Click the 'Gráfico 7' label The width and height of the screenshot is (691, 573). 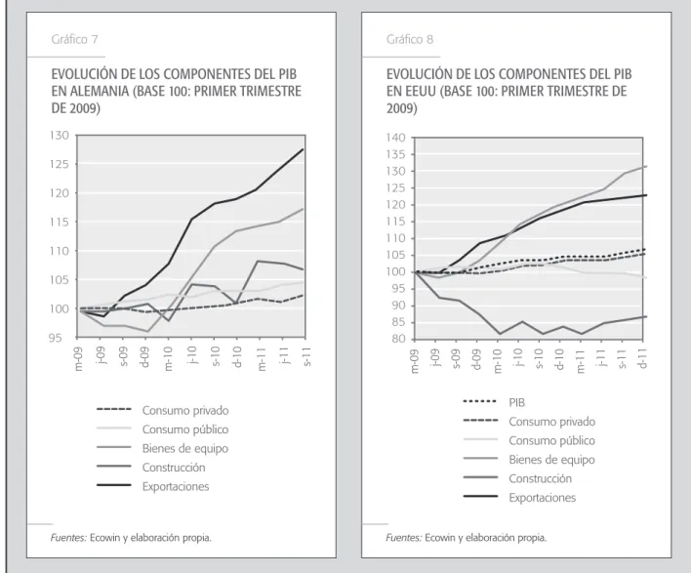tap(74, 40)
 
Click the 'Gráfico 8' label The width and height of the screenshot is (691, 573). tap(410, 40)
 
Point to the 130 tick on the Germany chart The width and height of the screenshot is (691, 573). tap(60, 136)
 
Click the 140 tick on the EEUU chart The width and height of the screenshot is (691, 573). tap(395, 138)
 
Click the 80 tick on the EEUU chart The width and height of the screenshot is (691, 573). tap(398, 339)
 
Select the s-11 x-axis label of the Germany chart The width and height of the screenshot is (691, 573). tap(306, 357)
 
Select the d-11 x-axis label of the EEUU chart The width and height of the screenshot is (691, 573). tap(643, 358)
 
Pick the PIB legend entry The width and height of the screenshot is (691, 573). tap(516, 402)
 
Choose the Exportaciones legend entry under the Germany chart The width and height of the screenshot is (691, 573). tap(176, 486)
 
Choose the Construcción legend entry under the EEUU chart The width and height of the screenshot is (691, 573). tap(540, 478)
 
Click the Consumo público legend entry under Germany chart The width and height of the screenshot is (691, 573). tap(185, 430)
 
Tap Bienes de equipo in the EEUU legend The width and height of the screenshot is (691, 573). tap(551, 460)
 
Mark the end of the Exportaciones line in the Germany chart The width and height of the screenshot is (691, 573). tap(304, 149)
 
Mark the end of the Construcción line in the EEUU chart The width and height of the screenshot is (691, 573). tap(646, 316)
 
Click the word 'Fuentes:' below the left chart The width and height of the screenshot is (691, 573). tap(68, 538)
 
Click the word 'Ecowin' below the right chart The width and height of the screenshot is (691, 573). tap(440, 538)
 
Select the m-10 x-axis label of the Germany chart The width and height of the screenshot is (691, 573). tap(169, 359)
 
